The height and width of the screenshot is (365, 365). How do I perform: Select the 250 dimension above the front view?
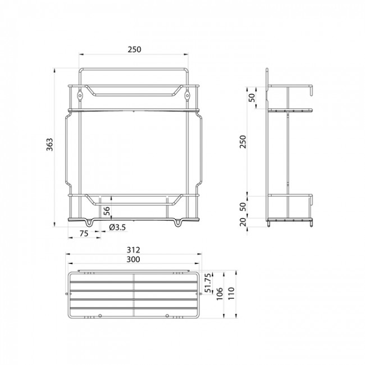tap(134, 49)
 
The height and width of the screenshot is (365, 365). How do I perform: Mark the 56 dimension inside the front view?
tap(106, 210)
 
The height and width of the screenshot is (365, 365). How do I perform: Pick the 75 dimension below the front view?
tap(83, 234)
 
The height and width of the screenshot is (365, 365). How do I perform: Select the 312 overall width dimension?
tap(133, 250)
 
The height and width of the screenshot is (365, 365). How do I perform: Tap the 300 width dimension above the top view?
tap(133, 259)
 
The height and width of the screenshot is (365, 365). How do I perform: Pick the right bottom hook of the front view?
tap(179, 223)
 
